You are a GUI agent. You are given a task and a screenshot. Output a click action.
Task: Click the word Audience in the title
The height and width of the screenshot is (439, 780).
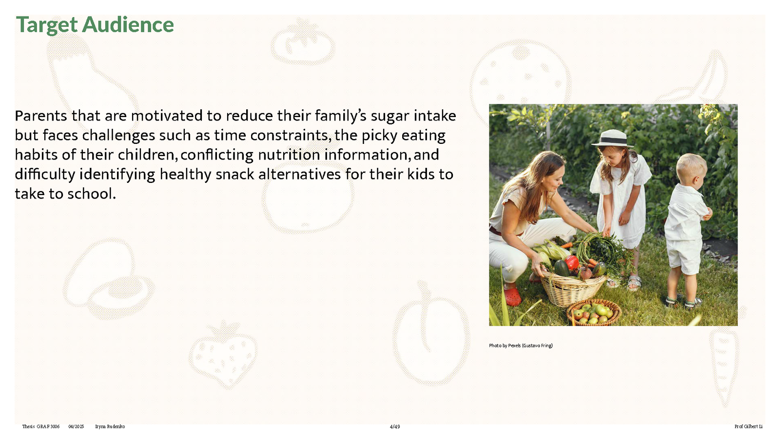click(x=128, y=25)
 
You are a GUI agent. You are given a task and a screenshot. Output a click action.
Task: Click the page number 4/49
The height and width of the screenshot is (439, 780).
click(x=395, y=426)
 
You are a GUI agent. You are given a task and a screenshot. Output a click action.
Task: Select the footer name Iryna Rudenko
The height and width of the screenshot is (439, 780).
click(x=110, y=426)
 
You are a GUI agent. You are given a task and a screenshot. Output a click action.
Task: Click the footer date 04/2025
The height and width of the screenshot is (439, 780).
click(x=76, y=426)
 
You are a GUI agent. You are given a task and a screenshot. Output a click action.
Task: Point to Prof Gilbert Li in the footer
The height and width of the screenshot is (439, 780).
click(x=749, y=426)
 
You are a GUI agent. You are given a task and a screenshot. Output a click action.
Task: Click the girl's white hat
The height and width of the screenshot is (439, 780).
click(x=612, y=139)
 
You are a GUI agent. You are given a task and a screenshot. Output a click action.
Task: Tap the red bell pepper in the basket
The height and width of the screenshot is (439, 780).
click(x=572, y=262)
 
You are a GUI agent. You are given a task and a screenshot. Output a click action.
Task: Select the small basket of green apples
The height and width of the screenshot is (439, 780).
click(x=594, y=312)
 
